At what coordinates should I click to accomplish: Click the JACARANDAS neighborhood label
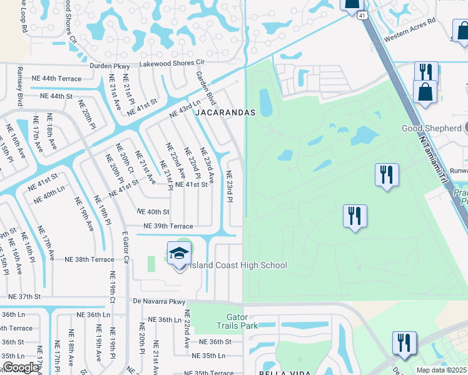[225, 112]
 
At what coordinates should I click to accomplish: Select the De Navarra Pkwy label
[160, 302]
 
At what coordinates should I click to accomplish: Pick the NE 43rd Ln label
[185, 109]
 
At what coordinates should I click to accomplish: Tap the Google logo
[20, 367]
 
